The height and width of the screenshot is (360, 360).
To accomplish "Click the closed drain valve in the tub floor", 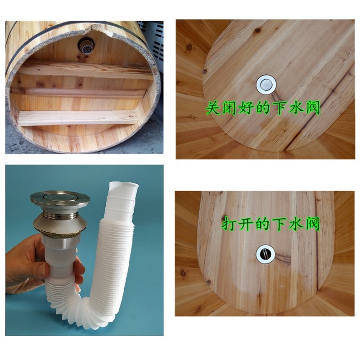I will click(x=265, y=83).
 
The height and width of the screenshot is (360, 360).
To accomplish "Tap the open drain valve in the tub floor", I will click(x=265, y=254).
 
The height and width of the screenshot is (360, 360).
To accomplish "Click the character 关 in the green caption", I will click(x=213, y=108).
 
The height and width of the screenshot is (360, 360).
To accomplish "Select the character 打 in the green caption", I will click(x=229, y=224).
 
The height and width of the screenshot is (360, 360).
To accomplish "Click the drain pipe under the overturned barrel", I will click(x=85, y=45).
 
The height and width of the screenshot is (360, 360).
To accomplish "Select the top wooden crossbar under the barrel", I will click(x=85, y=70).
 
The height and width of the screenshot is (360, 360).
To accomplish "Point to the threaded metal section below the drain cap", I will click(x=59, y=216).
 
